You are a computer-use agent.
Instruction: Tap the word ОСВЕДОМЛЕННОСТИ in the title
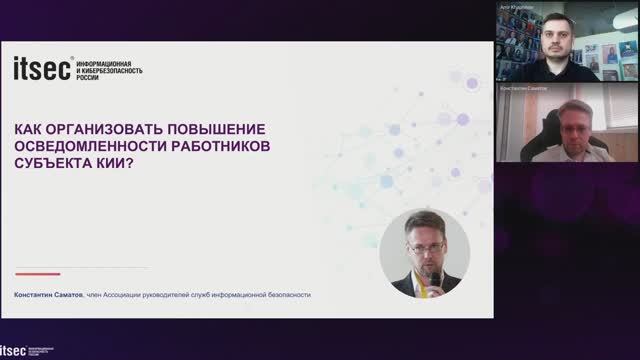[88, 148]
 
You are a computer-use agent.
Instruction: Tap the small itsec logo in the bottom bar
[13, 351]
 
